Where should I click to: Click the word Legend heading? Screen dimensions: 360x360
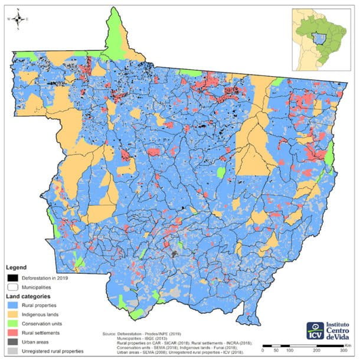tap(17, 267)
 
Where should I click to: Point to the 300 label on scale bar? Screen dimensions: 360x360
tap(342, 350)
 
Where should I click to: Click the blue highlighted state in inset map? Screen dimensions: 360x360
tap(320, 39)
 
